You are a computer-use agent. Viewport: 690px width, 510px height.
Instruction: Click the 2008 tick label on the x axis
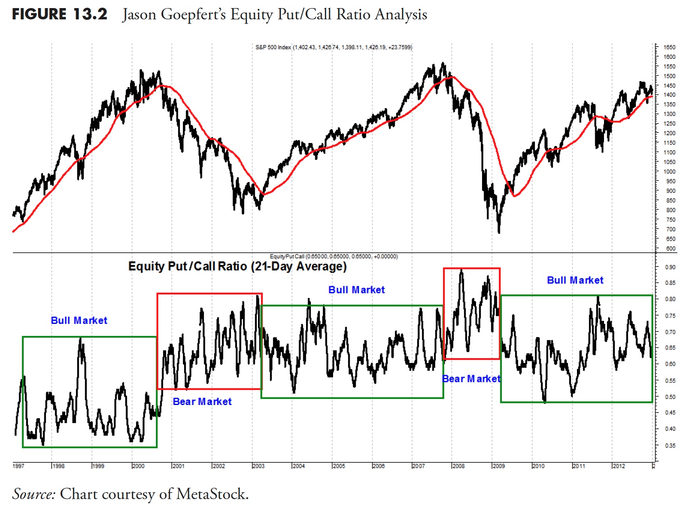tap(458, 466)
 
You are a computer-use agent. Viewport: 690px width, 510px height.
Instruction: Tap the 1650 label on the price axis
tap(669, 47)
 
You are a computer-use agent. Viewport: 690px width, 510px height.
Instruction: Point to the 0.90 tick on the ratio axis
tap(670, 267)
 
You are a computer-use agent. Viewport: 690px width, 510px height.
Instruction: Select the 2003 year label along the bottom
tap(258, 466)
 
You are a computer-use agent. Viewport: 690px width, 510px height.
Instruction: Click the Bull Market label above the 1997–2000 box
tap(79, 321)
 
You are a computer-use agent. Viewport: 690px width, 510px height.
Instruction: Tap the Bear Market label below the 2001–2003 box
tap(202, 402)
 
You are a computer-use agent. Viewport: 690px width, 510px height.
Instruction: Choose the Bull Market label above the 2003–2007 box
tap(357, 290)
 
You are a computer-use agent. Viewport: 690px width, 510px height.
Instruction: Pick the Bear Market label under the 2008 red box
tap(471, 379)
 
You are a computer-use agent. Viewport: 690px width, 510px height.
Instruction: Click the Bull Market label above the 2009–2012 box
tap(575, 280)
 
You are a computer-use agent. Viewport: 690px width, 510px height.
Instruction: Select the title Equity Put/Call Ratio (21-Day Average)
tap(237, 267)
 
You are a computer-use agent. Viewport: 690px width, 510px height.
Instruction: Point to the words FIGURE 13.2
tap(59, 15)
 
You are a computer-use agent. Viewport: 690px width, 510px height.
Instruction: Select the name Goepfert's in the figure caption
tap(193, 15)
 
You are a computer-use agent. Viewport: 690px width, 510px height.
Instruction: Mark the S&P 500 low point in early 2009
tap(499, 232)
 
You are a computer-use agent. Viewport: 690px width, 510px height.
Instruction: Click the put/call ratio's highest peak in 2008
tap(461, 270)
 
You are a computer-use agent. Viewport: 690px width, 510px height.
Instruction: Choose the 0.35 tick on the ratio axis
tap(670, 445)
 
